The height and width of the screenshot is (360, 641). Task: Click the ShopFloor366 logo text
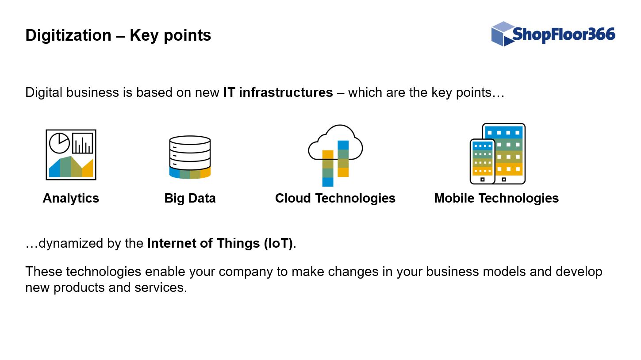click(x=564, y=34)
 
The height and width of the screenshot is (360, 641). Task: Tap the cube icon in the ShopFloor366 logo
click(x=503, y=34)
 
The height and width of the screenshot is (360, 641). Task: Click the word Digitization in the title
click(x=69, y=35)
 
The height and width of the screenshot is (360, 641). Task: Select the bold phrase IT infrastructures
click(x=278, y=92)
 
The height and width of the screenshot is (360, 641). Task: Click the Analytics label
click(x=71, y=198)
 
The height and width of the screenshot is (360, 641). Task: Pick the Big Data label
click(x=190, y=198)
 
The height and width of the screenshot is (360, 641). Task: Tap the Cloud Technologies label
click(x=335, y=198)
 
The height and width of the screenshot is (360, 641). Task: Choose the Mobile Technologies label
click(x=496, y=198)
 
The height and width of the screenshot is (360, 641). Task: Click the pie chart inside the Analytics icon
click(x=60, y=143)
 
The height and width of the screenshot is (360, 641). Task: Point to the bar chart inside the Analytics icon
click(x=83, y=143)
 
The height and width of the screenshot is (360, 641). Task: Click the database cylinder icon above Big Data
click(x=190, y=157)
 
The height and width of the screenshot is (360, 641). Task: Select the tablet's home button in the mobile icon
click(x=504, y=180)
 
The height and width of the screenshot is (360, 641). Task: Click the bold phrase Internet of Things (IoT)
click(x=220, y=243)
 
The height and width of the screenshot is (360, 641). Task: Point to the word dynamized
click(x=71, y=244)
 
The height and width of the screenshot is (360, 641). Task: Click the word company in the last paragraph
click(x=246, y=272)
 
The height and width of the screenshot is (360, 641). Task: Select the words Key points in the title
click(x=170, y=35)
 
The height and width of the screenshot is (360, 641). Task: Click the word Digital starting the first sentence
click(x=44, y=93)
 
